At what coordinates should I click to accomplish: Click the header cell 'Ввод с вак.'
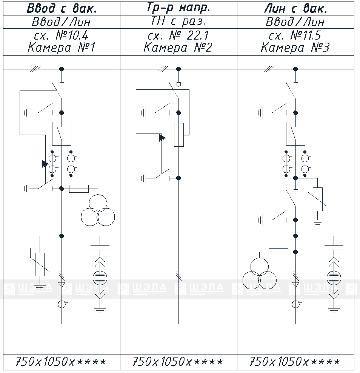[x=62, y=9]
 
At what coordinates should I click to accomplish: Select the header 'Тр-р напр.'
[x=178, y=8]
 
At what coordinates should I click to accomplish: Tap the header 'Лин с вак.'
[x=296, y=9]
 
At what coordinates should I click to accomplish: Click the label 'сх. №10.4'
[x=61, y=35]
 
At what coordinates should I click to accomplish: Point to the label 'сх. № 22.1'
[x=178, y=35]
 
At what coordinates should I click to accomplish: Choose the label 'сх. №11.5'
[x=295, y=35]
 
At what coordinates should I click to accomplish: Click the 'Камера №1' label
[x=62, y=48]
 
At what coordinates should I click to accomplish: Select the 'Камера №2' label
[x=178, y=48]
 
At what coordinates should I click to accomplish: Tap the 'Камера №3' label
[x=295, y=48]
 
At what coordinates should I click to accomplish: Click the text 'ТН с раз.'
[x=178, y=21]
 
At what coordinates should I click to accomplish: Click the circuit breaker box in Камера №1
[x=62, y=134]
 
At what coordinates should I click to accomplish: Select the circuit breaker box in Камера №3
[x=295, y=134]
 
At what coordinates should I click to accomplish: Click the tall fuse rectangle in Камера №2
[x=179, y=135]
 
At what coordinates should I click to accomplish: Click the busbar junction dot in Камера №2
[x=178, y=69]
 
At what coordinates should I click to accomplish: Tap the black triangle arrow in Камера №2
[x=162, y=138]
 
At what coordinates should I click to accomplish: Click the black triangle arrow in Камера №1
[x=45, y=164]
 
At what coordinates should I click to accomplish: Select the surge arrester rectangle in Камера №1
[x=40, y=264]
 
